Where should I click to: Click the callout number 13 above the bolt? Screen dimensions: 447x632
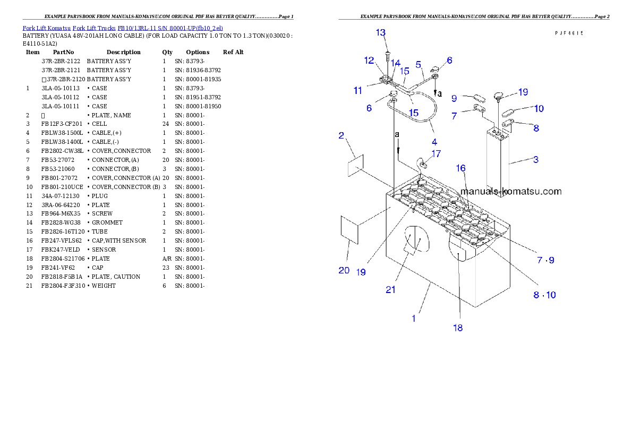pyautogui.click(x=381, y=33)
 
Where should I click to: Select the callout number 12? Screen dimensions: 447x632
pyautogui.click(x=369, y=61)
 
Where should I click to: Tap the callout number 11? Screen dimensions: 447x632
pyautogui.click(x=358, y=91)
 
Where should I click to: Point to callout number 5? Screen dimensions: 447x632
pyautogui.click(x=419, y=64)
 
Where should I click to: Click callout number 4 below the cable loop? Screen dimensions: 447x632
pyautogui.click(x=434, y=142)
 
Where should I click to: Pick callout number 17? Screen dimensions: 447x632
pyautogui.click(x=435, y=154)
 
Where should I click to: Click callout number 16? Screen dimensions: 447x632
pyautogui.click(x=460, y=168)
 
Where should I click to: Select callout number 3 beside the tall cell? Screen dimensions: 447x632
pyautogui.click(x=536, y=159)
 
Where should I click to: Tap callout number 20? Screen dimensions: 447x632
pyautogui.click(x=344, y=270)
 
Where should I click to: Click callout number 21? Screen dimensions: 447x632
pyautogui.click(x=391, y=289)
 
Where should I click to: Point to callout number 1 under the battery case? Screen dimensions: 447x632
pyautogui.click(x=414, y=319)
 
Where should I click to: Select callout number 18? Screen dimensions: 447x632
pyautogui.click(x=457, y=328)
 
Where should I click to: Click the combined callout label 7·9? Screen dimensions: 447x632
pyautogui.click(x=545, y=260)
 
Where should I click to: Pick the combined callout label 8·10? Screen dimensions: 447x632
pyautogui.click(x=545, y=295)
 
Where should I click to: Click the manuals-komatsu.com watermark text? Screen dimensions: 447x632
pyautogui.click(x=511, y=192)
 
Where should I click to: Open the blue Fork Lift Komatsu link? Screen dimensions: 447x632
pyautogui.click(x=123, y=28)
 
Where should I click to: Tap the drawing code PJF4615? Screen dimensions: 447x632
pyautogui.click(x=569, y=33)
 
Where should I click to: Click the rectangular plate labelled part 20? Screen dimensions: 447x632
pyautogui.click(x=349, y=230)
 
